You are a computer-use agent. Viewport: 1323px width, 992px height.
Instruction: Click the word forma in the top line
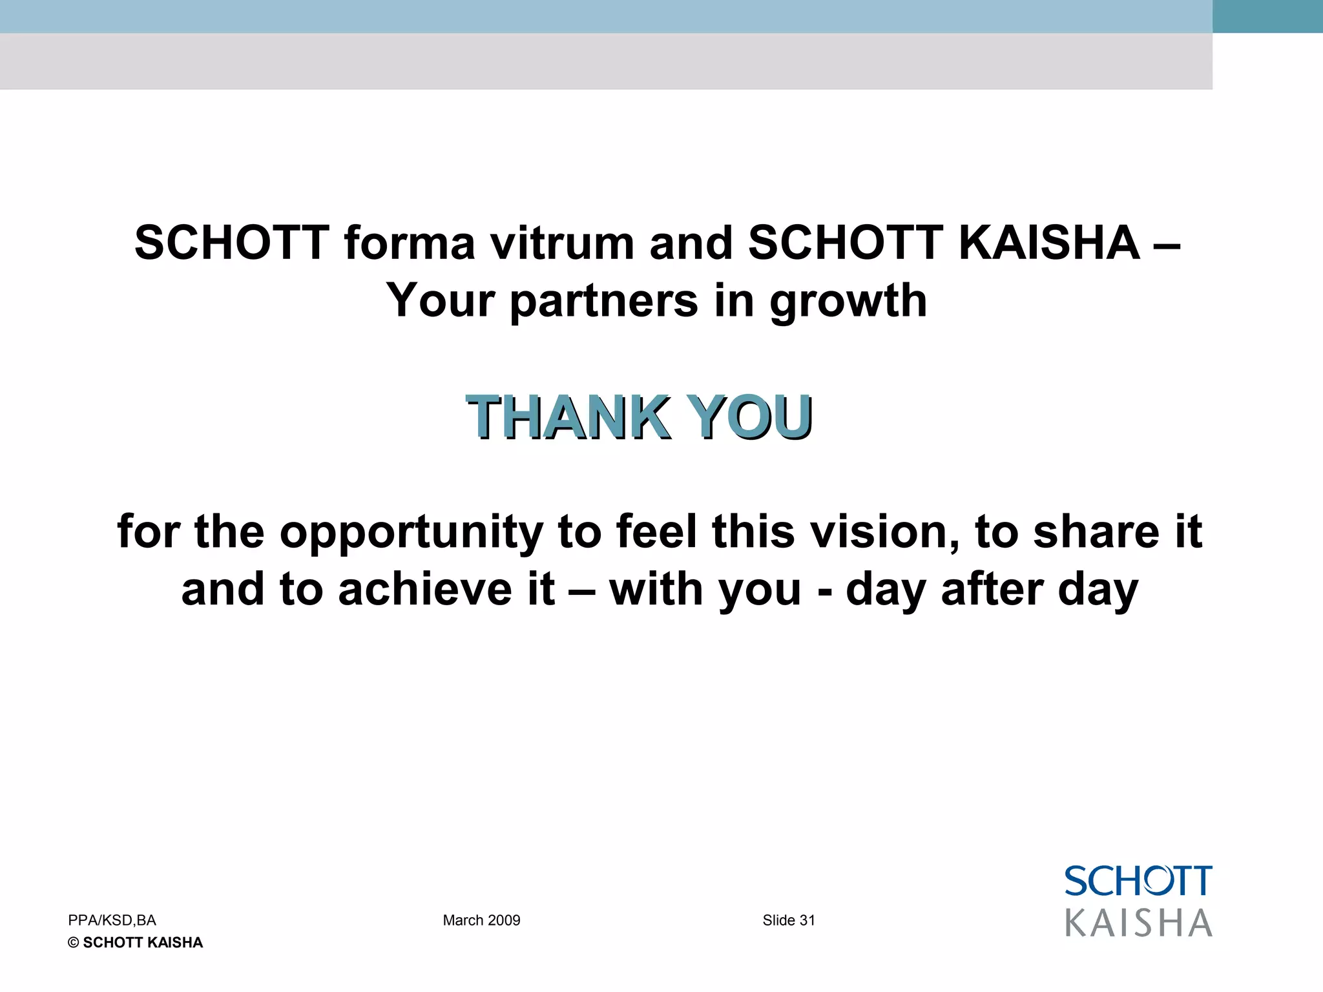pyautogui.click(x=410, y=243)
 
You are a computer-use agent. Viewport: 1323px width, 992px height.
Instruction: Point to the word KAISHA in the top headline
pyautogui.click(x=1049, y=243)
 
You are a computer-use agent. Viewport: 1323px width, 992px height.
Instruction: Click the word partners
pyautogui.click(x=604, y=302)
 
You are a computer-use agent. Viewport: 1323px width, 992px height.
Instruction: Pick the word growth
pyautogui.click(x=848, y=302)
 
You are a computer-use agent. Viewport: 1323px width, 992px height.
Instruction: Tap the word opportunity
pyautogui.click(x=411, y=533)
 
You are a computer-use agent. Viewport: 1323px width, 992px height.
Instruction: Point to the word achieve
pyautogui.click(x=425, y=590)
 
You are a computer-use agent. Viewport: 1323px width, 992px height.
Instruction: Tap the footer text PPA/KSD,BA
pyautogui.click(x=112, y=920)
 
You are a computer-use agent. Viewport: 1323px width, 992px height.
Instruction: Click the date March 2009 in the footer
pyautogui.click(x=481, y=920)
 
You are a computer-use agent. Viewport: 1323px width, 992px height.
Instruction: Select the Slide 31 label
pyautogui.click(x=789, y=920)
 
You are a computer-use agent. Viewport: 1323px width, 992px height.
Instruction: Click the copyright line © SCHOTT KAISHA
pyautogui.click(x=135, y=943)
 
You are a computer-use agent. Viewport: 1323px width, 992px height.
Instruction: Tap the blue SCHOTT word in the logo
pyautogui.click(x=1138, y=882)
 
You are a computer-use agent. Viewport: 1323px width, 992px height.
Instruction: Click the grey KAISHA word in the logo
pyautogui.click(x=1138, y=923)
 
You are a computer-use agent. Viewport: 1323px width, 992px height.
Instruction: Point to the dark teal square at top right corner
pyautogui.click(x=1267, y=16)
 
